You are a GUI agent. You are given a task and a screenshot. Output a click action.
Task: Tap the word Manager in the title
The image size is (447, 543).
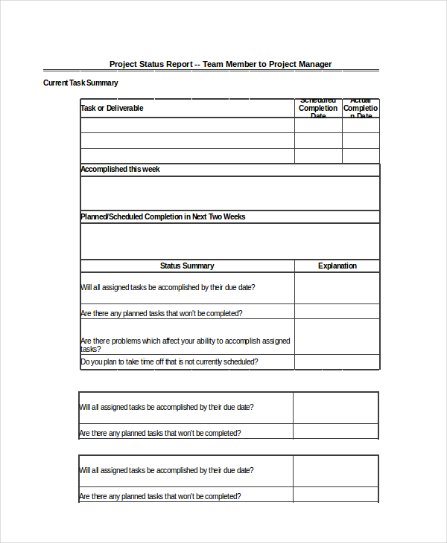pyautogui.click(x=310, y=64)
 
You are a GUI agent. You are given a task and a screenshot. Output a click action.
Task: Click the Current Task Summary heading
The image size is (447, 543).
pyautogui.click(x=80, y=83)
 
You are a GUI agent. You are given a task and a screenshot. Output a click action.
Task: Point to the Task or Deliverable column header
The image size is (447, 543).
pyautogui.click(x=112, y=109)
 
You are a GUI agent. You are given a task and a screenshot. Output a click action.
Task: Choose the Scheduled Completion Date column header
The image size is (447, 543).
pyautogui.click(x=318, y=109)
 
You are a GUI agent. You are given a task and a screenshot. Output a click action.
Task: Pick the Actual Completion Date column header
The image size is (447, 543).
pyautogui.click(x=361, y=109)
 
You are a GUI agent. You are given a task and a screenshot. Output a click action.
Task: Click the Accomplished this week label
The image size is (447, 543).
pyautogui.click(x=120, y=170)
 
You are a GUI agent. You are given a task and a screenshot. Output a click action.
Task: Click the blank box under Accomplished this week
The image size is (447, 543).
pyautogui.click(x=229, y=193)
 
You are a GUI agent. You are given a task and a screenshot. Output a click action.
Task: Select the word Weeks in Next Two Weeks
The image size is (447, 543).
pyautogui.click(x=234, y=217)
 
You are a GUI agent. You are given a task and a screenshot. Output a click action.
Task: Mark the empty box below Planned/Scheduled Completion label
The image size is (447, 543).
pyautogui.click(x=229, y=241)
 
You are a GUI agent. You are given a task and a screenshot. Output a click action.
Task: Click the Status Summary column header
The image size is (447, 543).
pyautogui.click(x=187, y=266)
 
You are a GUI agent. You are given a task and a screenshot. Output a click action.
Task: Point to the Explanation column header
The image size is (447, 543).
pyautogui.click(x=337, y=266)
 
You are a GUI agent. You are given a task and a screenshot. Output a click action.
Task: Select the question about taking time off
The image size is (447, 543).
pyautogui.click(x=169, y=362)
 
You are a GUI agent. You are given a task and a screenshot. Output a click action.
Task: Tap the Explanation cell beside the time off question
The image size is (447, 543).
pyautogui.click(x=337, y=362)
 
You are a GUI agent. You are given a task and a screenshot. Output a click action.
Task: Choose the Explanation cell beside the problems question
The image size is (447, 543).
pyautogui.click(x=337, y=337)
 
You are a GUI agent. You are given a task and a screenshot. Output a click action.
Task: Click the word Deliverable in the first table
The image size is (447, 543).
pyautogui.click(x=124, y=109)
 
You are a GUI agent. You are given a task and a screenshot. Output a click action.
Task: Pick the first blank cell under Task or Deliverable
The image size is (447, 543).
pyautogui.click(x=187, y=125)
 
